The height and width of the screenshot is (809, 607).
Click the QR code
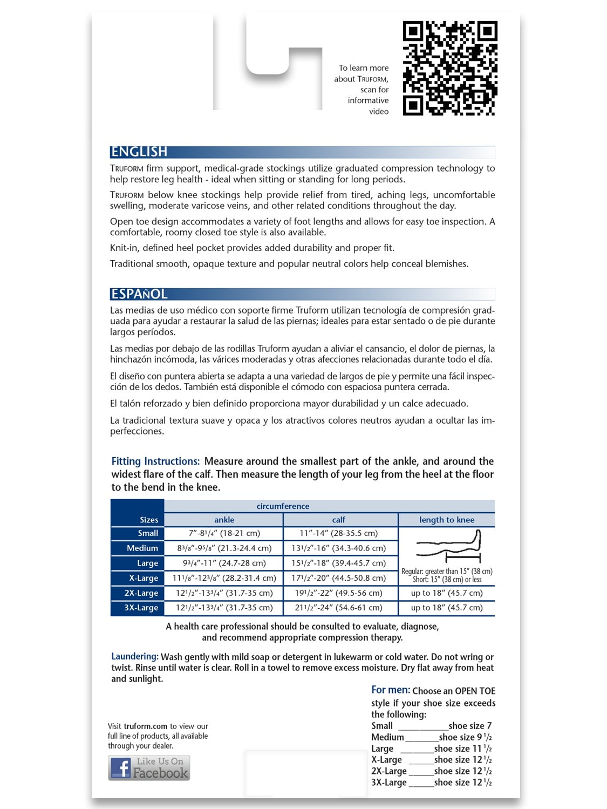(x=450, y=68)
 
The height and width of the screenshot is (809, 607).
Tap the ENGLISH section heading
(x=139, y=152)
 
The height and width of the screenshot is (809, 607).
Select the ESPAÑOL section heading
(x=139, y=294)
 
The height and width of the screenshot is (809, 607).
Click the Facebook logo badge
(x=149, y=768)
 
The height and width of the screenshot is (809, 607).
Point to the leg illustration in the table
(x=448, y=547)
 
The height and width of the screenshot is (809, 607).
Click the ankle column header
(x=224, y=520)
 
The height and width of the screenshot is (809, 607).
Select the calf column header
(x=339, y=520)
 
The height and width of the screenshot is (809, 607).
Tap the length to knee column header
(x=447, y=520)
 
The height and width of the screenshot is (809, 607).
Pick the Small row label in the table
(x=148, y=533)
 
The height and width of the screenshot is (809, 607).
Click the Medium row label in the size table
(x=142, y=548)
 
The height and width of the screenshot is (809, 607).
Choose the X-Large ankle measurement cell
(x=224, y=578)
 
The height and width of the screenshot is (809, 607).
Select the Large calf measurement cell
(x=339, y=563)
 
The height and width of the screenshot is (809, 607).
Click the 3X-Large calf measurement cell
(x=339, y=608)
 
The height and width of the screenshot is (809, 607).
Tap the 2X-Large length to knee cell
(x=447, y=593)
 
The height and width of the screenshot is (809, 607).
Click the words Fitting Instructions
(x=155, y=461)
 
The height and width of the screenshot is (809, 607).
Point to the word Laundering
(x=135, y=657)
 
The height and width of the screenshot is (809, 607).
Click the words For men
(x=390, y=690)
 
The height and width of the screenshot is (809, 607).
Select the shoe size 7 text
(x=470, y=726)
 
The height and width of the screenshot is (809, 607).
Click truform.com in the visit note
(x=145, y=726)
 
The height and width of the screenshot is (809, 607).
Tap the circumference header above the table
(x=283, y=506)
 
